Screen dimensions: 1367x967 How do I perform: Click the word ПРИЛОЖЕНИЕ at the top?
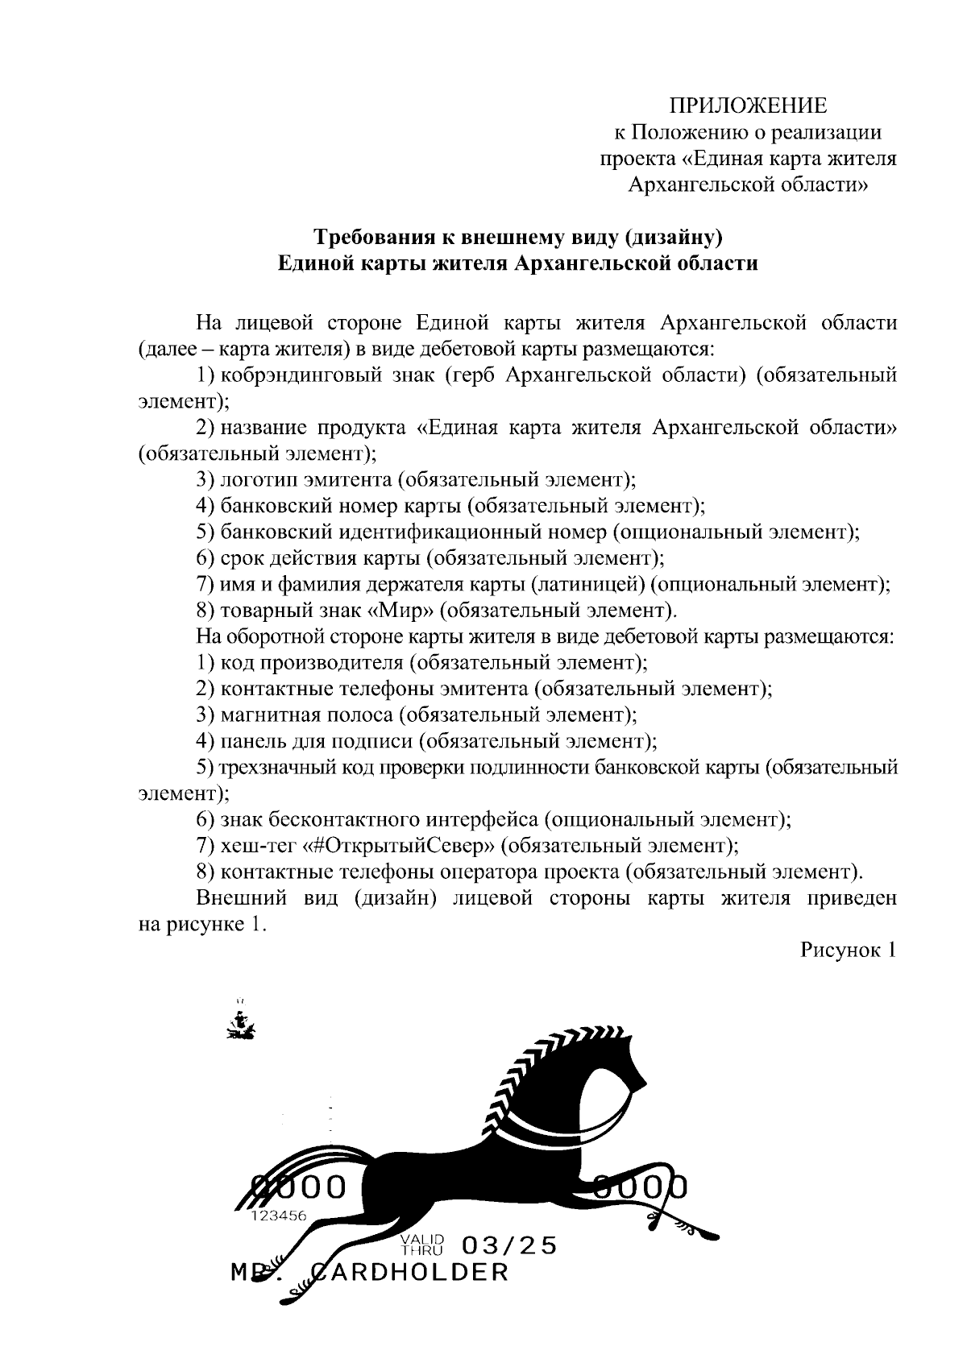tap(749, 106)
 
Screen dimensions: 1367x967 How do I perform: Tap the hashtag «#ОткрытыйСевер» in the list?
tap(399, 846)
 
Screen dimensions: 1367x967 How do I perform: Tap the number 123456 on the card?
tap(279, 1216)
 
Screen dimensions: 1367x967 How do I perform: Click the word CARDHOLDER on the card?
tap(409, 1273)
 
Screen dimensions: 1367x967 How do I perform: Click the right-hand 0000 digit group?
tap(641, 1187)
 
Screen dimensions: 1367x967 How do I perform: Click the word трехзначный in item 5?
tap(274, 767)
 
